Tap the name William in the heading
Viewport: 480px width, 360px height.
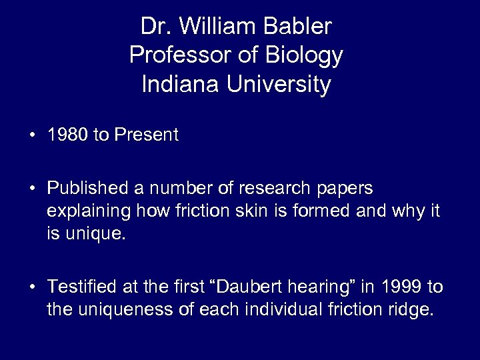[x=215, y=27]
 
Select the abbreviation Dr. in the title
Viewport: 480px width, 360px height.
[x=155, y=27]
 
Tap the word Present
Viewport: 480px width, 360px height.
[x=147, y=135]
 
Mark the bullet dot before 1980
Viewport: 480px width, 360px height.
[x=32, y=136]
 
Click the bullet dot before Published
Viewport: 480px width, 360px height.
[x=32, y=188]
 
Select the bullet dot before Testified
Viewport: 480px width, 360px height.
[x=32, y=287]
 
